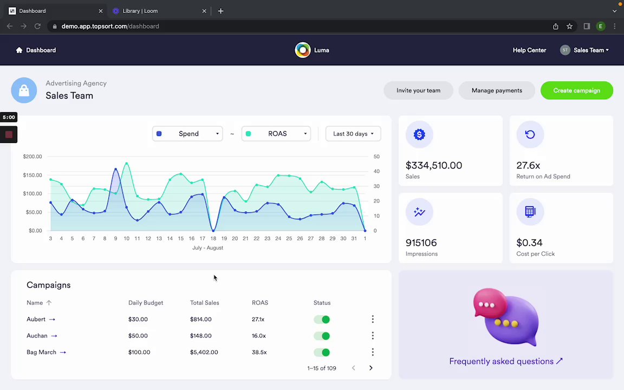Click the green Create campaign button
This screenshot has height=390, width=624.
click(576, 90)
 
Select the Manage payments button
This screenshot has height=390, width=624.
click(497, 90)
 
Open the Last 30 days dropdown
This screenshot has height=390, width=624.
click(353, 134)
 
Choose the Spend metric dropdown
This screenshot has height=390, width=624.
click(187, 134)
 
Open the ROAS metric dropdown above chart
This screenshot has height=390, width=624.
click(276, 134)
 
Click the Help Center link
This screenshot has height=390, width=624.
click(529, 50)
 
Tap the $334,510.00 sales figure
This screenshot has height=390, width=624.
click(433, 165)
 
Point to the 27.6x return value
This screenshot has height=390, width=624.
click(528, 165)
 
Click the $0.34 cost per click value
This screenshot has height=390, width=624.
click(529, 243)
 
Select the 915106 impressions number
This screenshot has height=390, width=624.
click(421, 243)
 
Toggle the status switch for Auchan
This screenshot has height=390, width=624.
click(322, 336)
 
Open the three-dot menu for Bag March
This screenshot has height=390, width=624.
click(373, 352)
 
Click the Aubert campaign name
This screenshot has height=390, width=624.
click(36, 320)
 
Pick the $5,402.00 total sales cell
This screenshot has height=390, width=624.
click(204, 352)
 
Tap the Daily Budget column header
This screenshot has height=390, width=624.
click(146, 303)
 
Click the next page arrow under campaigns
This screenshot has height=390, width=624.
click(371, 368)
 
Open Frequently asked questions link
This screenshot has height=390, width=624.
click(505, 361)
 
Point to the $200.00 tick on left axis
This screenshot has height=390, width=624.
click(32, 157)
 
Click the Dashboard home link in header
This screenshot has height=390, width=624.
click(36, 50)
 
